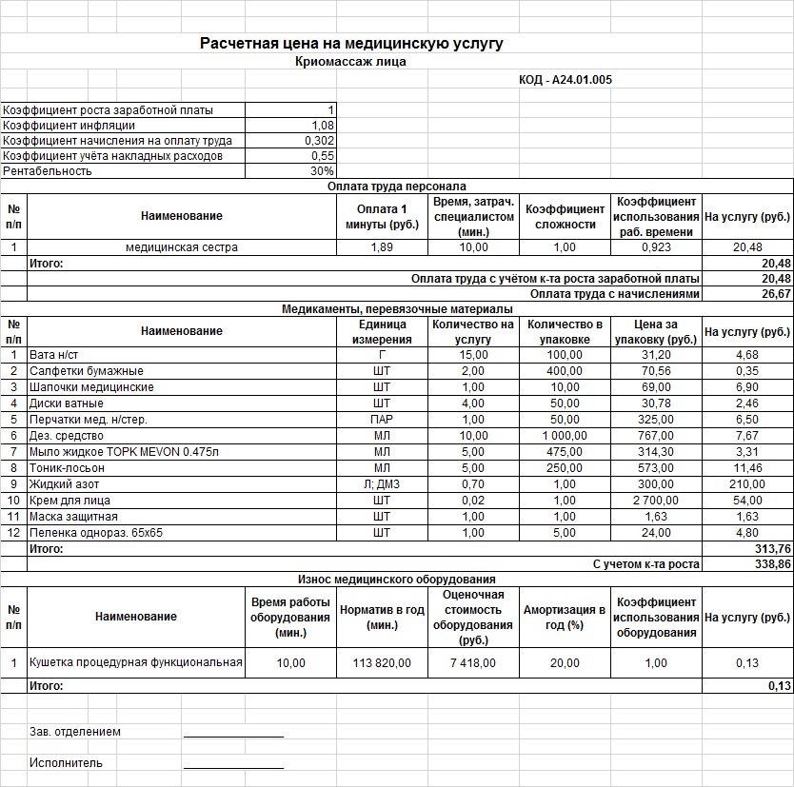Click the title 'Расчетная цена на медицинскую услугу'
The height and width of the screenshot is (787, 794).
[x=351, y=44]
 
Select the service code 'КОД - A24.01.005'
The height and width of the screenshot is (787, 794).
[x=565, y=80]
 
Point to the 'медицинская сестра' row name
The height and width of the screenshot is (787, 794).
[x=182, y=247]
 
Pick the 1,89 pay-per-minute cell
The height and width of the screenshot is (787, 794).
[x=381, y=247]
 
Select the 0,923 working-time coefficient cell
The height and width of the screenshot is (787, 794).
[x=656, y=247]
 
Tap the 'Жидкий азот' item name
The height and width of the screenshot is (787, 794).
[x=63, y=483]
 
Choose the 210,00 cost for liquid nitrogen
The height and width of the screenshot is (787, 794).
[x=746, y=483]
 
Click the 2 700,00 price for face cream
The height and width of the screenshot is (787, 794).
[x=656, y=500]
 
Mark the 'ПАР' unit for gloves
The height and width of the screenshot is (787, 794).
[x=381, y=419]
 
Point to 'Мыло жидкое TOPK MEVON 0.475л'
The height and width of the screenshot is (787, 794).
[x=124, y=451]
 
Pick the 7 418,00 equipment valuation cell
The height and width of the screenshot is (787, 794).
[x=473, y=662]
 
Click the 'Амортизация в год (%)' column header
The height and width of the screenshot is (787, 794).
[x=564, y=616]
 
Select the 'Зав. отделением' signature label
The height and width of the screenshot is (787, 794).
[x=75, y=732]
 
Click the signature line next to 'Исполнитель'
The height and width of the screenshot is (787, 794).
[x=233, y=766]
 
